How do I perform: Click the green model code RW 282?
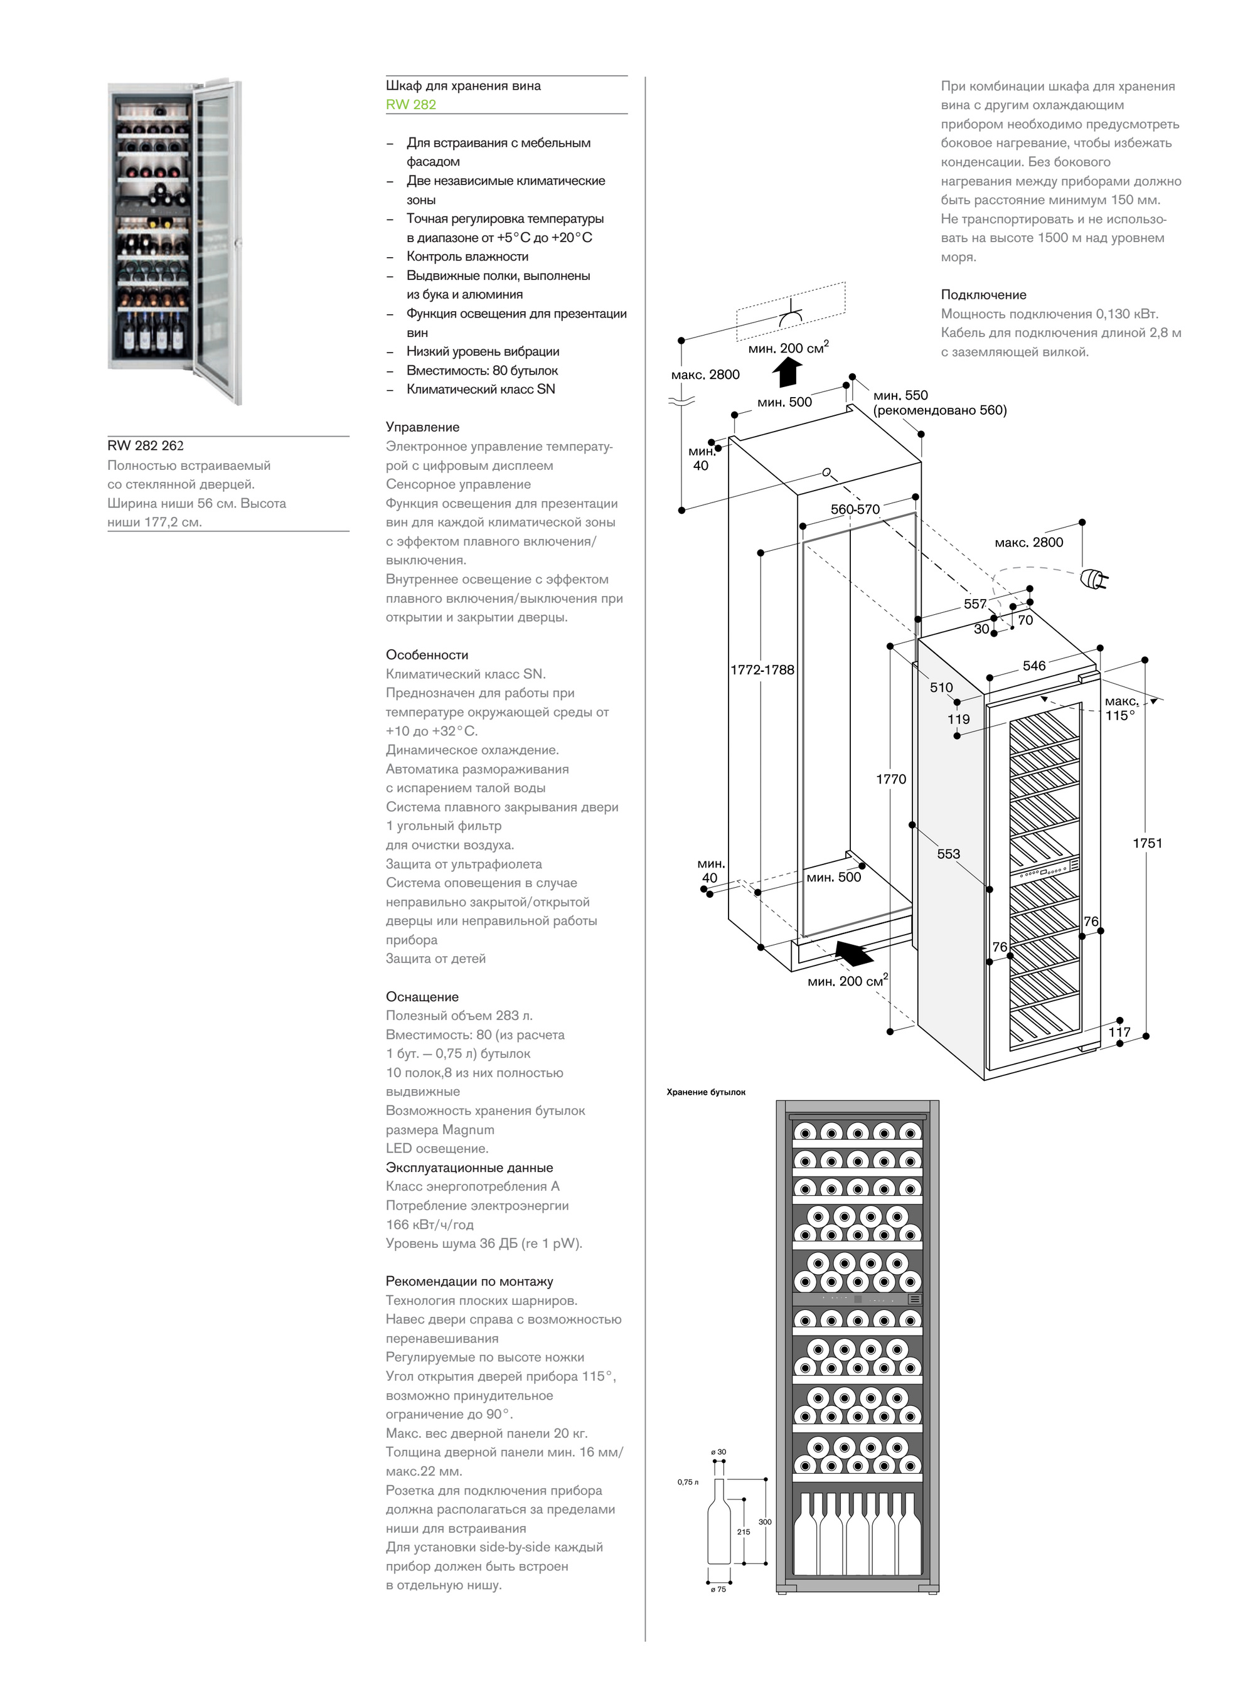point(410,105)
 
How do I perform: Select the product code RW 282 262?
point(145,446)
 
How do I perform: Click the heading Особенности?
point(427,655)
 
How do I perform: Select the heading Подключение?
point(983,295)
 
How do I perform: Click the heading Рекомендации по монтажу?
point(469,1281)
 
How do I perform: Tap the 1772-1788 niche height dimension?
point(762,670)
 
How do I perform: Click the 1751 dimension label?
point(1147,843)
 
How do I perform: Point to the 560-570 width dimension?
point(855,509)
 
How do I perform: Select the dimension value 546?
point(1034,666)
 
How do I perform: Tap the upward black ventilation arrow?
point(787,372)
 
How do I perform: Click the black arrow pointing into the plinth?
point(854,952)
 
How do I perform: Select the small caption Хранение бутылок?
point(706,1092)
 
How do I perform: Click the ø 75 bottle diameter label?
point(718,1589)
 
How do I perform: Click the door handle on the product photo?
point(238,243)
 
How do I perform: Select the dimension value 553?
point(948,854)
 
